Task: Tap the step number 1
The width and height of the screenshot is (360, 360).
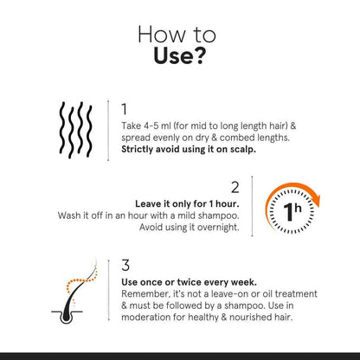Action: point(125,109)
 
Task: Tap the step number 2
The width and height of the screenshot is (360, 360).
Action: point(234,186)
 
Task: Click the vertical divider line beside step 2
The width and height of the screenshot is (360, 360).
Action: point(252,208)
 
